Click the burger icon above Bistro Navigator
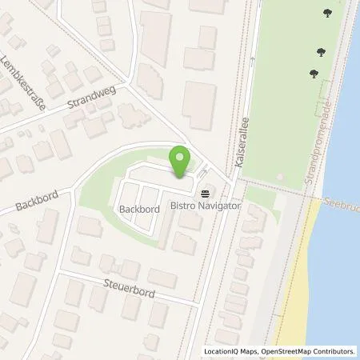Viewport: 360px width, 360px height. coord(207,194)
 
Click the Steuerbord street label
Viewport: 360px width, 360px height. coord(127,283)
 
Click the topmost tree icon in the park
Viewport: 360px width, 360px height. coord(329,14)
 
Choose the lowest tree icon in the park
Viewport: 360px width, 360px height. coord(313,74)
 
